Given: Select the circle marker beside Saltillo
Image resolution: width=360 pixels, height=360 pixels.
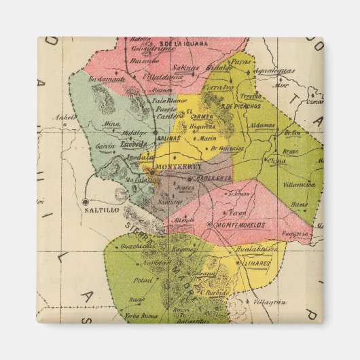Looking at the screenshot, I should pos(85,202).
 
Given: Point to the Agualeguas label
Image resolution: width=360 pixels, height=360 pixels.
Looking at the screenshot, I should pos(274,70).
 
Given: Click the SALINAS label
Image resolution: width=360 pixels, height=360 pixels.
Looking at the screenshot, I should pos(168,138).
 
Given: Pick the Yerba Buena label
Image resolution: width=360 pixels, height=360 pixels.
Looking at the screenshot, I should pos(141,316).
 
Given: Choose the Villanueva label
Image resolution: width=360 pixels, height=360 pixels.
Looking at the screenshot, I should pos(298,184).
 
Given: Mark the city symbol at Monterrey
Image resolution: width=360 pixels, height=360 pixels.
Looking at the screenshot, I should pos(152,172).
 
